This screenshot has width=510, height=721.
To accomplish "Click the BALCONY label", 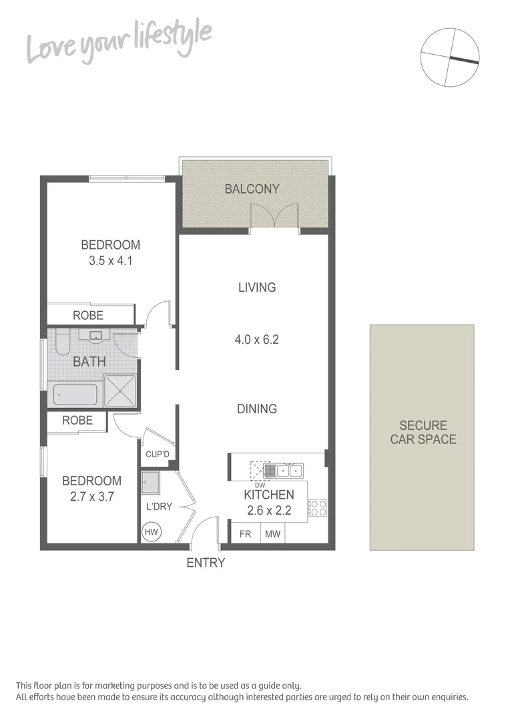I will (x=252, y=189).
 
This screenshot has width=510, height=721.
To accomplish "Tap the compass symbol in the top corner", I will (x=450, y=57).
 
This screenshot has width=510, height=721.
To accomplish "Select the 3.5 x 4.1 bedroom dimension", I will (x=111, y=261).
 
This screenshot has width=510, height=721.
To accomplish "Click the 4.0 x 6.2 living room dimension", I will (x=256, y=339).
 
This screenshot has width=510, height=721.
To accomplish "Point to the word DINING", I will (x=257, y=409).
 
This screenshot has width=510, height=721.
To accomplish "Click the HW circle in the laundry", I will (x=151, y=531).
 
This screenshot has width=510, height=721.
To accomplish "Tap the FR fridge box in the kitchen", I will (x=245, y=533).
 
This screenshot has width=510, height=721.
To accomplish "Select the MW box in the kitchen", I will (x=272, y=533).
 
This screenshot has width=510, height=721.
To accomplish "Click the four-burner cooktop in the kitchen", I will (x=317, y=509).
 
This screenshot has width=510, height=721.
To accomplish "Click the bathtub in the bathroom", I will (x=75, y=395).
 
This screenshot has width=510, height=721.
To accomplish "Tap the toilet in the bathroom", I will (x=62, y=342).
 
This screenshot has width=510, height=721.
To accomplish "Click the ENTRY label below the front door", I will (x=206, y=563).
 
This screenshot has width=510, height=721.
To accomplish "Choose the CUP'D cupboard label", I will (x=158, y=455).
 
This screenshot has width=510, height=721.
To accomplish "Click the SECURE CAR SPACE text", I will (x=423, y=433).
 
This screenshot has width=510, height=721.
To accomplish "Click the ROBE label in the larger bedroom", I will (x=88, y=315).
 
